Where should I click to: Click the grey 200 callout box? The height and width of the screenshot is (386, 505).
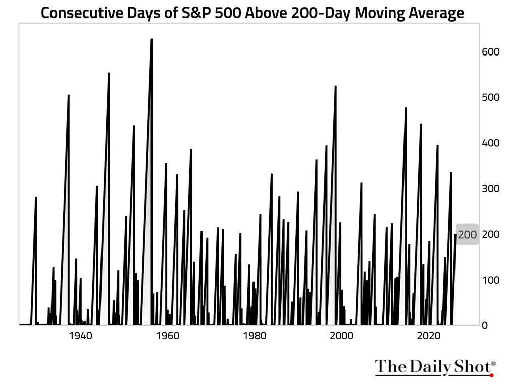pos(467,235)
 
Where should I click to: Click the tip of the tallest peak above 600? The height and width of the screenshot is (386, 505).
pos(151,39)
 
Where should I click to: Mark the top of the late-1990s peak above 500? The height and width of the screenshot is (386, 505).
pos(335,86)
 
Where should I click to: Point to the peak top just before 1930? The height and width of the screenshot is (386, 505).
pos(36,197)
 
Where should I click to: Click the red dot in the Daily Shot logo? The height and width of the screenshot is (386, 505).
pos(491,375)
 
